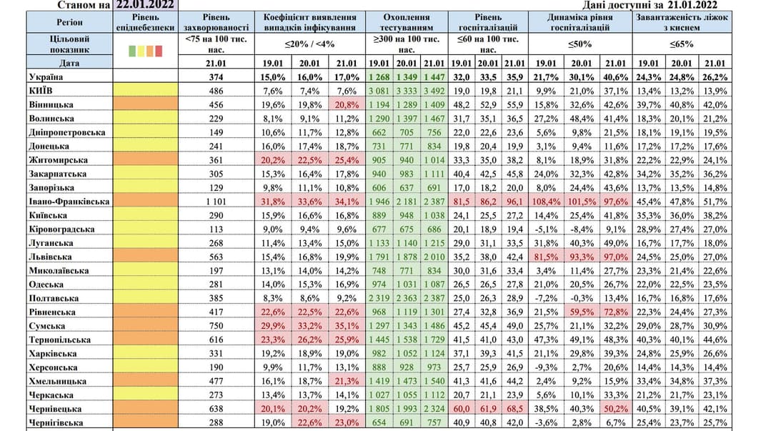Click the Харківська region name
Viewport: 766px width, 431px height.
54,353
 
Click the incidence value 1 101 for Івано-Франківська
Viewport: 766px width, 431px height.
215,202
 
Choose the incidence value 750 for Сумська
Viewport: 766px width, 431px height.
215,326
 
